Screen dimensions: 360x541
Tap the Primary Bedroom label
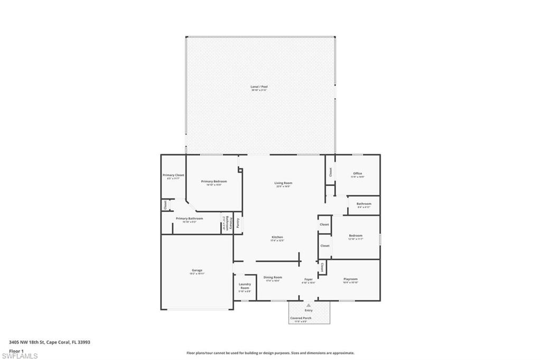(214, 182)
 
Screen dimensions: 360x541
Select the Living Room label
(283, 183)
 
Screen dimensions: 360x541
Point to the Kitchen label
(277, 238)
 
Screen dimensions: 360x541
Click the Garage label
(197, 270)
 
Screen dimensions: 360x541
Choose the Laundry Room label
(245, 286)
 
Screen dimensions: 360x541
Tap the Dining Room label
(273, 278)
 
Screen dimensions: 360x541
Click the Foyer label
(308, 279)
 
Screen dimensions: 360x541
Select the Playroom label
(351, 279)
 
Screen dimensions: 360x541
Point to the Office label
(358, 174)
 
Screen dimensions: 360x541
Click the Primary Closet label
(173, 175)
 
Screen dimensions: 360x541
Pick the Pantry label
(238, 222)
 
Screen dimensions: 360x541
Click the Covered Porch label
(301, 318)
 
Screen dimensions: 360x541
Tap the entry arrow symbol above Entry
(309, 305)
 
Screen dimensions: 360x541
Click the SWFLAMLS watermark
(20, 356)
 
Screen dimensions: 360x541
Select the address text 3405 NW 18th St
(27, 342)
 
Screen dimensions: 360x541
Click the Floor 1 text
(16, 350)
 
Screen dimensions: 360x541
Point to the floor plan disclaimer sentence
(270, 353)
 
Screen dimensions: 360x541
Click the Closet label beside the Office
(331, 172)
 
